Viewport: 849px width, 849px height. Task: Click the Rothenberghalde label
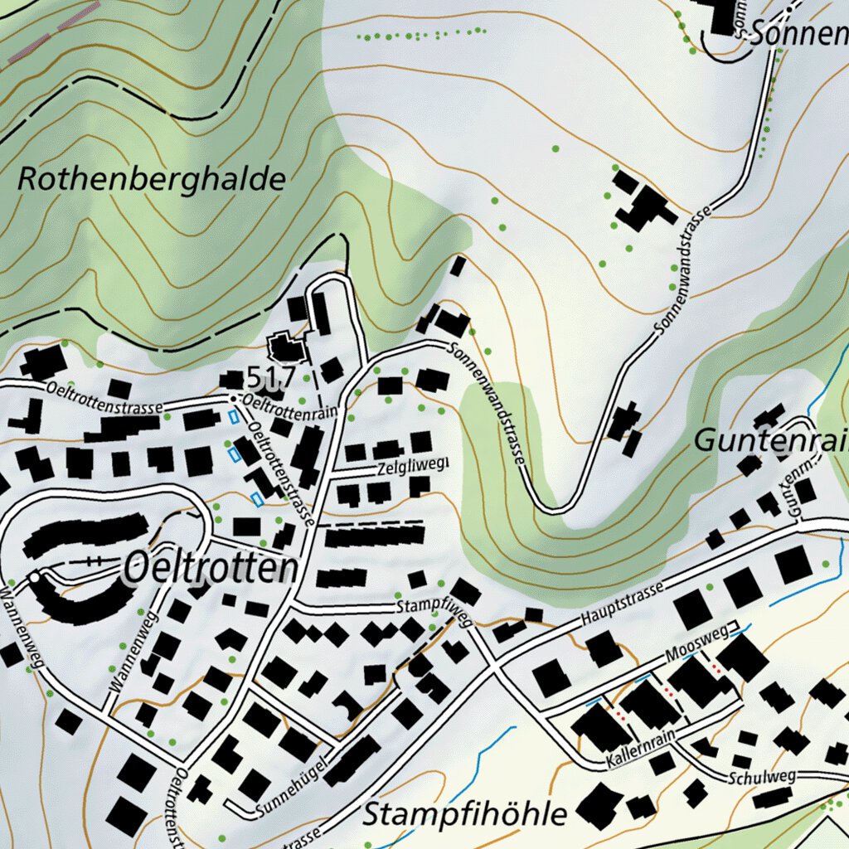pos(151,179)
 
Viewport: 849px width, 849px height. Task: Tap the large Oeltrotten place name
pos(210,569)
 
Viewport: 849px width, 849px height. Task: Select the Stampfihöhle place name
pos(465,813)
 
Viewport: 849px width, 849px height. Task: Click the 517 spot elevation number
pos(270,378)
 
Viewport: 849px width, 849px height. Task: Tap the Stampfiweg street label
pos(434,606)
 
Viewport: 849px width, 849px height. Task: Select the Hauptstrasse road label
pos(622,604)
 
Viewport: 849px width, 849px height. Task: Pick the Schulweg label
pos(762,778)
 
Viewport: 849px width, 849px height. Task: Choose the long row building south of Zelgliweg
pos(374,537)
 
